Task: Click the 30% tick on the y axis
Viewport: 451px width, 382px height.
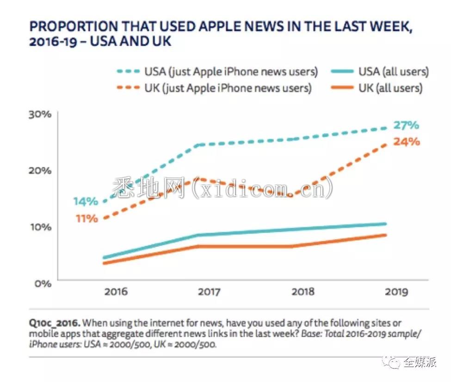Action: pyautogui.click(x=40, y=114)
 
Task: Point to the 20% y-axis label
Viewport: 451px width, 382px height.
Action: pyautogui.click(x=40, y=170)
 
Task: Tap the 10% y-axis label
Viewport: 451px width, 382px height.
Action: pyautogui.click(x=41, y=227)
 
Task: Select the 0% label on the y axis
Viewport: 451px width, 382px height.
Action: pyautogui.click(x=43, y=284)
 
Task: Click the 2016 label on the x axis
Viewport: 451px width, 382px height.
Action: pyautogui.click(x=116, y=292)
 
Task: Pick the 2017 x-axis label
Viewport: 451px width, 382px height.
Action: pyautogui.click(x=209, y=292)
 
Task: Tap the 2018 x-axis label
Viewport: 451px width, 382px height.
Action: pyautogui.click(x=303, y=292)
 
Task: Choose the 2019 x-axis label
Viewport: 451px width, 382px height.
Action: pyautogui.click(x=396, y=292)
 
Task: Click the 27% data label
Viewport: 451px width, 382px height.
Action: pyautogui.click(x=406, y=125)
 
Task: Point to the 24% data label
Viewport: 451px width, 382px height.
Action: pyautogui.click(x=407, y=142)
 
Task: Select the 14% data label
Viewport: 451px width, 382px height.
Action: pyautogui.click(x=86, y=201)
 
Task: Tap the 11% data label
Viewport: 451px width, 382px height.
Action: pyautogui.click(x=86, y=219)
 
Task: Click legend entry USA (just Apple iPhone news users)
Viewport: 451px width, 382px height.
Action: pyautogui.click(x=217, y=72)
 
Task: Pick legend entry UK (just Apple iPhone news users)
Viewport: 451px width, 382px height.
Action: pyautogui.click(x=214, y=88)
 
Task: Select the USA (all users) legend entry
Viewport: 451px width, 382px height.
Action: pyautogui.click(x=380, y=72)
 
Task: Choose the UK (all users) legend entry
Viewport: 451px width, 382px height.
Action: pyautogui.click(x=377, y=88)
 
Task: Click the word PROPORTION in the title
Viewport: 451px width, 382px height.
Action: pyautogui.click(x=74, y=26)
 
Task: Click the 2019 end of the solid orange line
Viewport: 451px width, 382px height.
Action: pyautogui.click(x=385, y=235)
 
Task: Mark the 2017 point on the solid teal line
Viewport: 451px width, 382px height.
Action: pyautogui.click(x=199, y=235)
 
